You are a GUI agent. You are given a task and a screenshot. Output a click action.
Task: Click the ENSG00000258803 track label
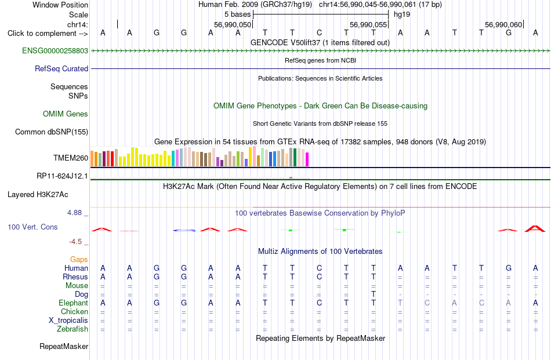click(x=55, y=50)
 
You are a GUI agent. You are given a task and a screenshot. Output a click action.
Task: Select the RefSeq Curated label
click(x=61, y=68)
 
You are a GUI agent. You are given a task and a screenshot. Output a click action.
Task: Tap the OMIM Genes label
click(x=66, y=114)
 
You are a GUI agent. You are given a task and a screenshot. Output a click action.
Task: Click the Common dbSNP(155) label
click(x=52, y=132)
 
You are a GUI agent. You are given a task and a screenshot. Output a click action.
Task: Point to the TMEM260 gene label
click(x=71, y=158)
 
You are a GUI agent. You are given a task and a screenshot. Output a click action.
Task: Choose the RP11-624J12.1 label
click(x=62, y=176)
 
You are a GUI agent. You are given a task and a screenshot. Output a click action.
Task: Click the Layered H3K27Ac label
click(x=38, y=195)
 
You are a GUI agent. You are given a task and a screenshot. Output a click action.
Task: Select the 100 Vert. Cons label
click(x=32, y=227)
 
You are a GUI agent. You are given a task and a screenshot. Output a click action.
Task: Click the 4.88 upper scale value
click(x=74, y=213)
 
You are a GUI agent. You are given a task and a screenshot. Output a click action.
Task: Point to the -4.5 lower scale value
click(x=75, y=242)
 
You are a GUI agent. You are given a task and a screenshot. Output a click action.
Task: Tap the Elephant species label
click(x=74, y=303)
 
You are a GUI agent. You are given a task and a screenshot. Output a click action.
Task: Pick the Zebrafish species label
click(x=72, y=329)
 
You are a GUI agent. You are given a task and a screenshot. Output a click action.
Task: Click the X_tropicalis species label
click(x=68, y=321)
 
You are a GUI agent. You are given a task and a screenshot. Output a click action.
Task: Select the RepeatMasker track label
click(x=64, y=346)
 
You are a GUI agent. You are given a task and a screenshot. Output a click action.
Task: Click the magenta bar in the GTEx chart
click(x=307, y=159)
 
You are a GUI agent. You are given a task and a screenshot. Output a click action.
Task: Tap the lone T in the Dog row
click(x=373, y=294)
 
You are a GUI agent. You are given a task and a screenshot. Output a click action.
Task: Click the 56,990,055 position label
click(x=368, y=24)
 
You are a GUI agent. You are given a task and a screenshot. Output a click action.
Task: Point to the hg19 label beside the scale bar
click(x=402, y=14)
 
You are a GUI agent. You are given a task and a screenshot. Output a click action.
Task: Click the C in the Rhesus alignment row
click(x=319, y=277)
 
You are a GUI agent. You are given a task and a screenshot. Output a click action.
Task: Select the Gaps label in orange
click(x=79, y=259)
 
